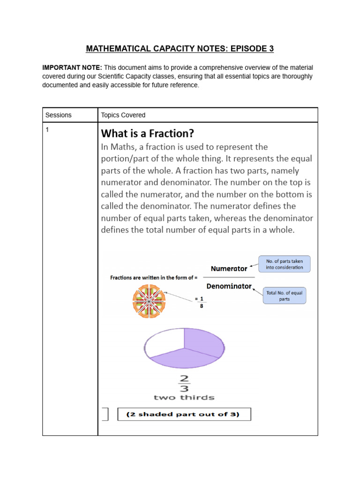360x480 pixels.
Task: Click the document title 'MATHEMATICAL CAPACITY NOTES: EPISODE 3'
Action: click(180, 49)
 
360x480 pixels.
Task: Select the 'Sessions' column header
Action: click(59, 115)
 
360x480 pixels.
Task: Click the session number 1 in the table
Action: click(47, 130)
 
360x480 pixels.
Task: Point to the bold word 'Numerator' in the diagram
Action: click(229, 269)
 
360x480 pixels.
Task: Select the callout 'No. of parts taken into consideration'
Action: click(285, 264)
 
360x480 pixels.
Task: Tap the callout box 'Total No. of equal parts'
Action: click(285, 296)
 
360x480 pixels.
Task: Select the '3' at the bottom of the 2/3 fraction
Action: click(184, 388)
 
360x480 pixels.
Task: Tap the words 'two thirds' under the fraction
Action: click(184, 397)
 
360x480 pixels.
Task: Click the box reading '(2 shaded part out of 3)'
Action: click(184, 414)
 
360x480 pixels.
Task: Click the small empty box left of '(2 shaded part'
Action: click(105, 414)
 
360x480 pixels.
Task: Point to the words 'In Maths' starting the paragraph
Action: click(117, 147)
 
